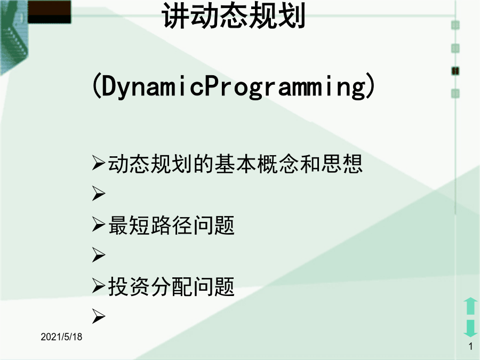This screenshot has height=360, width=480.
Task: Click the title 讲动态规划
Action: click(234, 15)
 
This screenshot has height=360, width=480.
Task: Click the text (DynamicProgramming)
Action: click(233, 86)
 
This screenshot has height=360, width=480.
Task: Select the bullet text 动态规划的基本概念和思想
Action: click(235, 164)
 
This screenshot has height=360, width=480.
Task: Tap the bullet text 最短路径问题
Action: click(171, 225)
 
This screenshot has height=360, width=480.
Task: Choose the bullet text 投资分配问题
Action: click(171, 286)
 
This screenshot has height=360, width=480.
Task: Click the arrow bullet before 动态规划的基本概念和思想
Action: click(99, 163)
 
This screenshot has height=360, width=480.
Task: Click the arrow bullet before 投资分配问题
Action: click(99, 286)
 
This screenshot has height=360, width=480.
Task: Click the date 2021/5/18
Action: click(61, 337)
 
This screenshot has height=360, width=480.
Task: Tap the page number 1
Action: click(470, 347)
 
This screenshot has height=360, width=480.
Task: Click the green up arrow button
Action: click(470, 306)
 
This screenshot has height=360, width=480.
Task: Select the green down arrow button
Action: click(470, 329)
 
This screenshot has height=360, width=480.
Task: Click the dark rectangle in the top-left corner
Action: click(49, 12)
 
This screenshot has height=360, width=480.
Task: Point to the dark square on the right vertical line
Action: click(455, 71)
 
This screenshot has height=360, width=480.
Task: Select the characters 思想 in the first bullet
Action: click(341, 164)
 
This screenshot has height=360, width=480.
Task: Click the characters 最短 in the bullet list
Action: click(129, 225)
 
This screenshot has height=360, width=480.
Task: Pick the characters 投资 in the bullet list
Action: click(129, 286)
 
